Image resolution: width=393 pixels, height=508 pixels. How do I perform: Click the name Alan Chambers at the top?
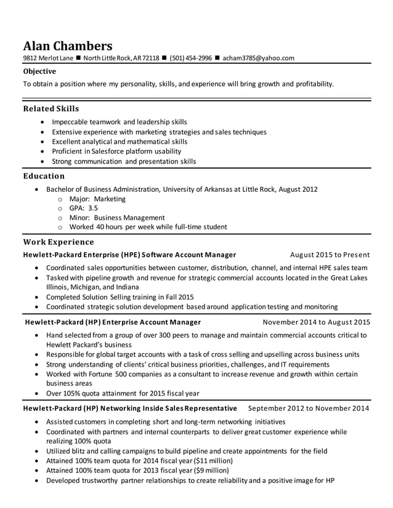tap(68, 46)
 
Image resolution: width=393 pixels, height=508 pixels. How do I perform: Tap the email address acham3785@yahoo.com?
tap(259, 58)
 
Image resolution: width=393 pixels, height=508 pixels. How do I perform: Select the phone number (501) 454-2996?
tap(190, 58)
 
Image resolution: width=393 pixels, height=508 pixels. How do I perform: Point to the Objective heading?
tap(39, 71)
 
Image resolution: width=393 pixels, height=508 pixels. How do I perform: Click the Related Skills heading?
tap(51, 109)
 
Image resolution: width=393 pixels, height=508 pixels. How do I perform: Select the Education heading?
tap(44, 177)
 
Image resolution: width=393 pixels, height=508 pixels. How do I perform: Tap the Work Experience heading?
tap(59, 242)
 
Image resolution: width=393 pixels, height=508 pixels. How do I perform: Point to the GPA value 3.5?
tap(92, 208)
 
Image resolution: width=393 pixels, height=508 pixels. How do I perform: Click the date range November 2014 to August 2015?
tap(316, 322)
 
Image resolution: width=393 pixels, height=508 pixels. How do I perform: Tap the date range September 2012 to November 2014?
tap(309, 408)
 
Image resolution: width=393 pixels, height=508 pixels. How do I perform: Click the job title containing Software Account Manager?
tap(129, 255)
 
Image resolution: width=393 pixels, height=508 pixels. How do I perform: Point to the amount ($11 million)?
tap(213, 460)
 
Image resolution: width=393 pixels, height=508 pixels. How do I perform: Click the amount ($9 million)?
tap(211, 470)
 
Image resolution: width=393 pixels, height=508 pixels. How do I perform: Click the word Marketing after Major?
tap(111, 199)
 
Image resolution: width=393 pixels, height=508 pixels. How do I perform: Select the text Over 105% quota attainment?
tap(92, 394)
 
